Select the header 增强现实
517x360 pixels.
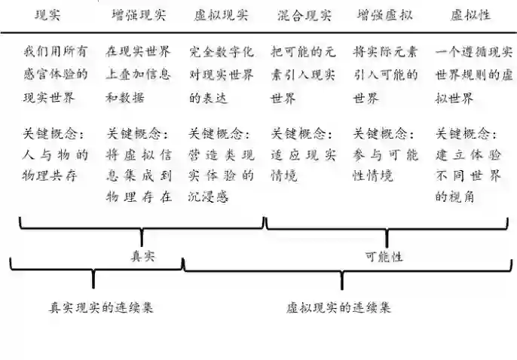pyautogui.click(x=139, y=14)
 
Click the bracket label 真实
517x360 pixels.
pyautogui.click(x=142, y=256)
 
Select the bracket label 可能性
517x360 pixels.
pyautogui.click(x=384, y=256)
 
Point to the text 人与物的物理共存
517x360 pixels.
pyautogui.click(x=56, y=166)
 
